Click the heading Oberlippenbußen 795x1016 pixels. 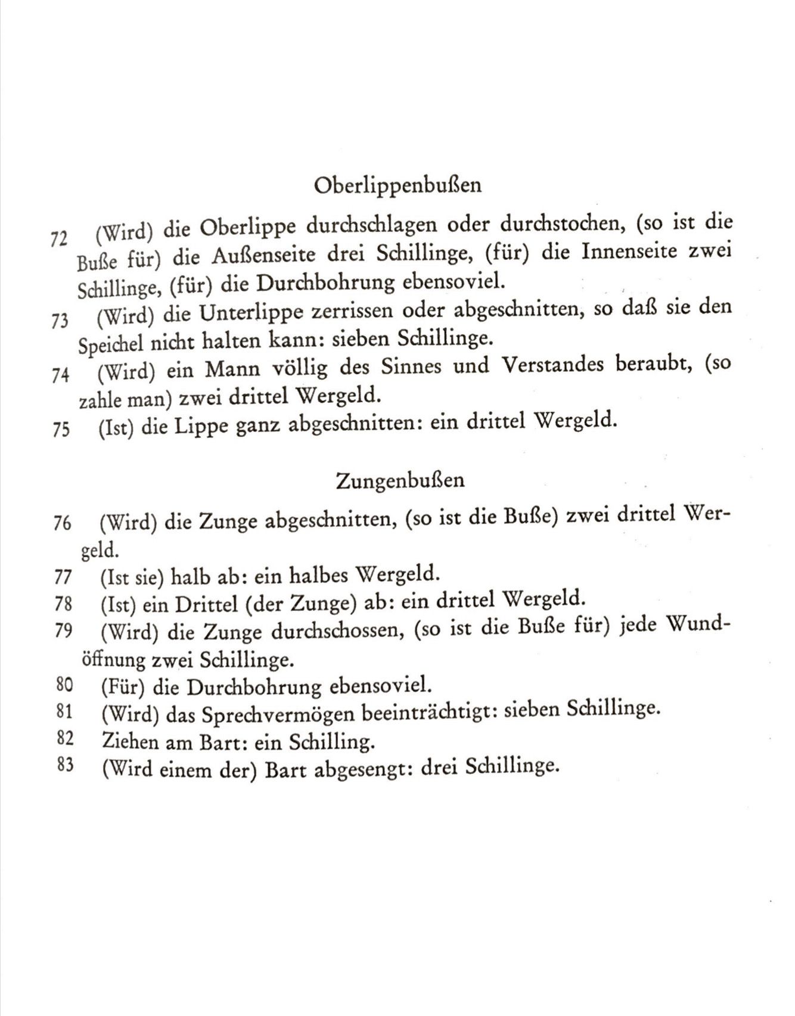click(x=397, y=186)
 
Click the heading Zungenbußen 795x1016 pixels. click(x=400, y=480)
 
